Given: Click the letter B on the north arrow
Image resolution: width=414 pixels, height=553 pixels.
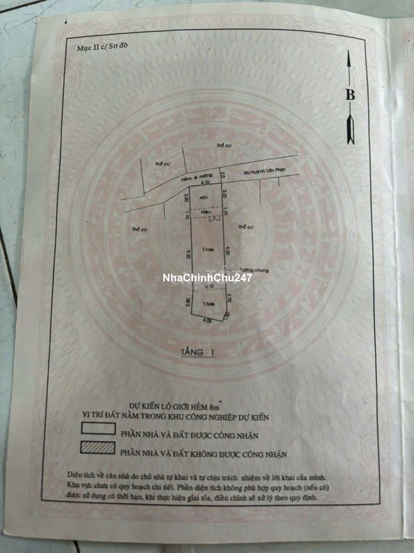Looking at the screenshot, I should [x=350, y=95].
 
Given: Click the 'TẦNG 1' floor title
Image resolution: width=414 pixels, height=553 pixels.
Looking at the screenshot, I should [x=197, y=353].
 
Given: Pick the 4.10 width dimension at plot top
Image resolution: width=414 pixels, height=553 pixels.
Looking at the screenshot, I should [x=205, y=183].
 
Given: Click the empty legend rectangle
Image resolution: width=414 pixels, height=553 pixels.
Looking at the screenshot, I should [x=98, y=429].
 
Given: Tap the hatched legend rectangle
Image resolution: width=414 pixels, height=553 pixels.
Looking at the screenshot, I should [x=98, y=448].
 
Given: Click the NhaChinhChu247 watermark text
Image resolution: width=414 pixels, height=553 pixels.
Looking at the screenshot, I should [x=208, y=278].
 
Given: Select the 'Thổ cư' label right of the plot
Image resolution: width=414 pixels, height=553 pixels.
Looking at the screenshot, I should [x=246, y=227].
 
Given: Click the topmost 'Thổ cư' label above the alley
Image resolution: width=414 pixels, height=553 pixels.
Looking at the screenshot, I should [x=223, y=146].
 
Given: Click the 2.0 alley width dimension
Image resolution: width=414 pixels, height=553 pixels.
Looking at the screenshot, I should [x=222, y=174].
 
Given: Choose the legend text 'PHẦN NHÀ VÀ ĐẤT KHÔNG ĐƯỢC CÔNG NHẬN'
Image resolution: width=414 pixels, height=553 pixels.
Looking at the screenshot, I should [x=203, y=454].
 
